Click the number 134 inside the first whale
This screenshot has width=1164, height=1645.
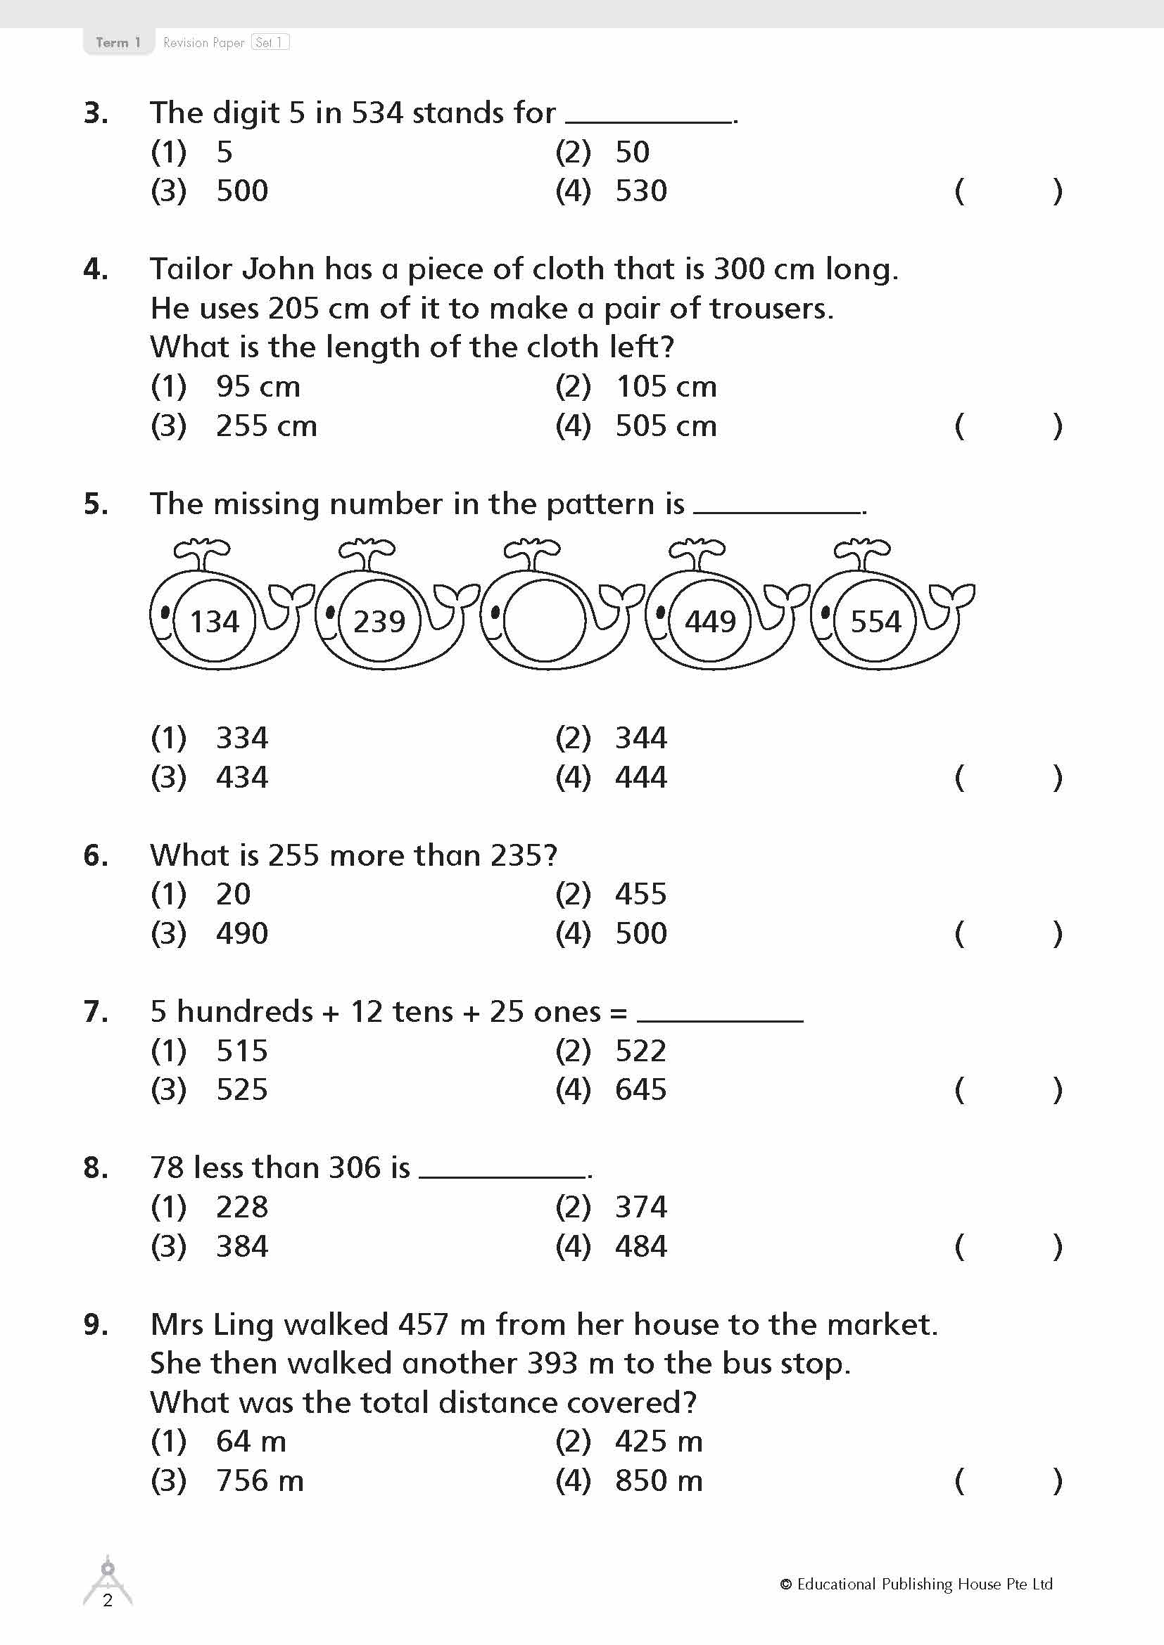215,621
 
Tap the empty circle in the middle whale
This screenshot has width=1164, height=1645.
544,620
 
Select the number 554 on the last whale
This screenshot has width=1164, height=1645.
875,621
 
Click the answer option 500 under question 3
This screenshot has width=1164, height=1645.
241,191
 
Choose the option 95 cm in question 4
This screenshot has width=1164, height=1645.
258,387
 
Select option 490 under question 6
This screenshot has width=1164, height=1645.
241,933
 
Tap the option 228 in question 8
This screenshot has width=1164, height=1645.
241,1208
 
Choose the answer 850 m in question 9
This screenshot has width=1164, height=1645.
658,1481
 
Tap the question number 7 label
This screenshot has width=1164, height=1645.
95,1011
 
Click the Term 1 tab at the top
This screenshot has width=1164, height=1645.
118,42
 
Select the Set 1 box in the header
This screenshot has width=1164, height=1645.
270,42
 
